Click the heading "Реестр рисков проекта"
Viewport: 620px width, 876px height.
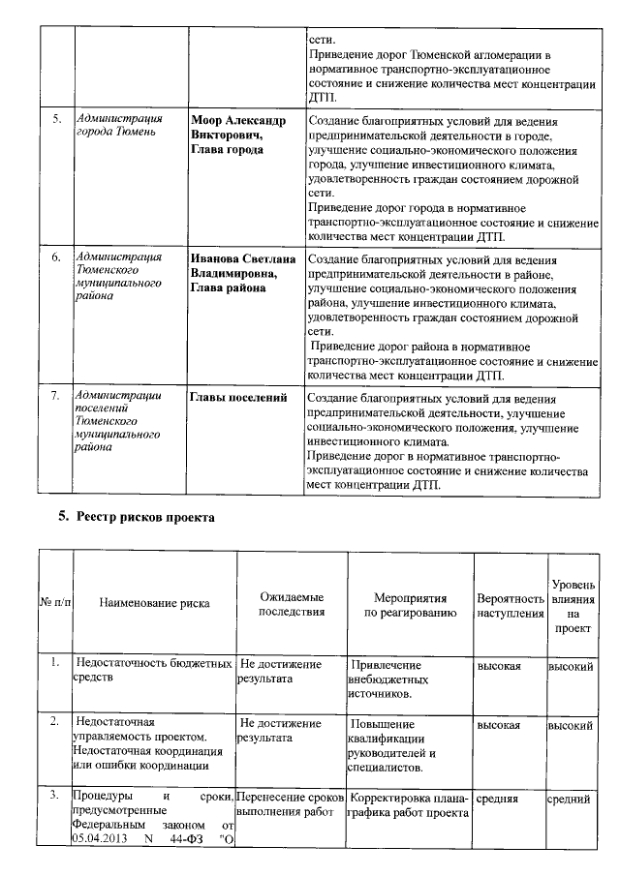point(144,517)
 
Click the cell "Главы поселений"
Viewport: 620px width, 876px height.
point(238,398)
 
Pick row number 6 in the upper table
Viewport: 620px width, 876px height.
point(56,258)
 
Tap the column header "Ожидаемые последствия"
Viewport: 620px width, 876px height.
point(291,603)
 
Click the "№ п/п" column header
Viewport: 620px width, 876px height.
point(55,603)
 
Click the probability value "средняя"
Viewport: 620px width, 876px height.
point(497,800)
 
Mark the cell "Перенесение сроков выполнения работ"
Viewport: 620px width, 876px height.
point(291,806)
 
